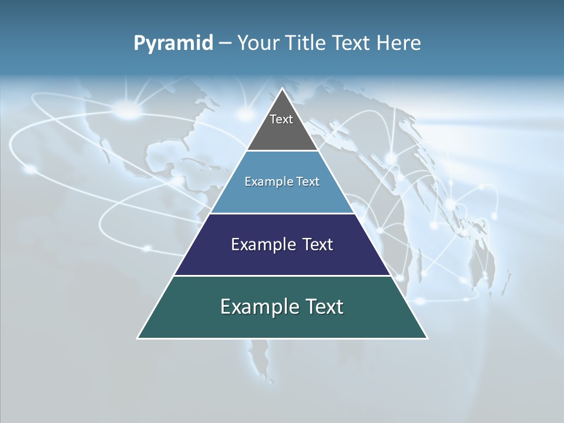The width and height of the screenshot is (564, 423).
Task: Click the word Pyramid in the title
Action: click(x=173, y=43)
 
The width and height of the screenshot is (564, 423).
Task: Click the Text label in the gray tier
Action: click(x=281, y=119)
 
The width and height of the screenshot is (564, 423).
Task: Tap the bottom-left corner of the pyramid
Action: click(x=138, y=338)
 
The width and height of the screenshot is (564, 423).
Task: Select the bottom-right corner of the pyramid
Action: click(x=427, y=338)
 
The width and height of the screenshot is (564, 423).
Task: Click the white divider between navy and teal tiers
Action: click(x=283, y=276)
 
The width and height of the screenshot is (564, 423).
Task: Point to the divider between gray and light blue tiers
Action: click(x=283, y=151)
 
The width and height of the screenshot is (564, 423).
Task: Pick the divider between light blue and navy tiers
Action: click(x=283, y=213)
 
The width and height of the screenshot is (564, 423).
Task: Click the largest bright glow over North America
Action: click(x=130, y=109)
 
